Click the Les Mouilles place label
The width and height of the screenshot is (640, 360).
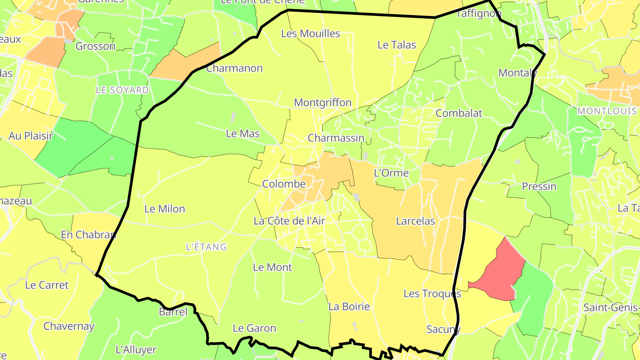click(x=311, y=34)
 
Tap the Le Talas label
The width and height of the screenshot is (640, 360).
click(x=396, y=45)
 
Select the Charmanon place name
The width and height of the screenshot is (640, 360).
click(x=234, y=68)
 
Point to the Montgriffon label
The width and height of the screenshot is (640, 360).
click(x=323, y=103)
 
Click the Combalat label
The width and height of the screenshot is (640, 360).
click(x=459, y=113)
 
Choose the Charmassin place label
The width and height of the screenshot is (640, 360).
click(x=336, y=138)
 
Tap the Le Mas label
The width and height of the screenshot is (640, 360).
click(x=243, y=133)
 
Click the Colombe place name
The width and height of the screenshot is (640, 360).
click(x=284, y=184)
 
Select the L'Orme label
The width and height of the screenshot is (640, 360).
click(x=391, y=173)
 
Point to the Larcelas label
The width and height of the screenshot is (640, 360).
click(x=415, y=221)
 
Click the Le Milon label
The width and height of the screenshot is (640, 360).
click(x=164, y=209)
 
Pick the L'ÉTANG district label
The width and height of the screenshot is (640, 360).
click(x=206, y=247)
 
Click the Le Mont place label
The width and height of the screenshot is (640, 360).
click(x=272, y=268)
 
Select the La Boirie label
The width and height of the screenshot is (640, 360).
click(x=349, y=307)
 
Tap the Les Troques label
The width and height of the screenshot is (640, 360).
click(x=432, y=294)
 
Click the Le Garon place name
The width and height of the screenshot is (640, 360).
click(x=254, y=328)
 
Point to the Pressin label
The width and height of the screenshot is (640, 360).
click(x=539, y=187)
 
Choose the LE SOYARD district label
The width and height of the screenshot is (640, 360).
click(x=122, y=90)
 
